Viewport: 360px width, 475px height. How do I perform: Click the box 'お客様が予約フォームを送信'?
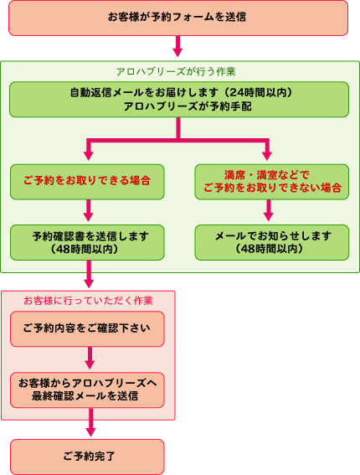[178, 18]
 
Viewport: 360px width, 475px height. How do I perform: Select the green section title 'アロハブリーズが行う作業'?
[176, 72]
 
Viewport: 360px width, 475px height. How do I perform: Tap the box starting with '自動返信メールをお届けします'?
[179, 100]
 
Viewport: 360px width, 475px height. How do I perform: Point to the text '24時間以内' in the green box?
[258, 92]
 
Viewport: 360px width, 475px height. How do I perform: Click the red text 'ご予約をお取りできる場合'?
[87, 181]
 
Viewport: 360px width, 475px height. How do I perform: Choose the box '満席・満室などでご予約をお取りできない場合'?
[271, 182]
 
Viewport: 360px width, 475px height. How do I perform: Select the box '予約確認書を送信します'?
[87, 242]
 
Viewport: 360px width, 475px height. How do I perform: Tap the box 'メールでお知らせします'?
[271, 242]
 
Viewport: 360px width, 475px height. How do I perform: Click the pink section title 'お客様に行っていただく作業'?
[88, 301]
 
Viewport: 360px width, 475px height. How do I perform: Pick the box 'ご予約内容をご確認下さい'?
[87, 329]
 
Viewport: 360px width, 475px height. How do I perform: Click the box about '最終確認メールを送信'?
[87, 390]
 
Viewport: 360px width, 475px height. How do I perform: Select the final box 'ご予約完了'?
[87, 457]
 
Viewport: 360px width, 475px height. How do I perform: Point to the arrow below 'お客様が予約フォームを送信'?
[177, 46]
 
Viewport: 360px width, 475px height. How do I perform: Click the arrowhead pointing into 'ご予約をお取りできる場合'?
[88, 156]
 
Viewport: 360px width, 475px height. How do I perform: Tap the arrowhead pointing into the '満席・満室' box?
[267, 156]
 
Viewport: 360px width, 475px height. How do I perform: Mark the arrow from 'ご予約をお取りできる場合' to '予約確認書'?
[88, 210]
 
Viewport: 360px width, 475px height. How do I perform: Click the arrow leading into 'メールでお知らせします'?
[269, 210]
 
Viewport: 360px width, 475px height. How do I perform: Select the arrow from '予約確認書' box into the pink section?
[89, 274]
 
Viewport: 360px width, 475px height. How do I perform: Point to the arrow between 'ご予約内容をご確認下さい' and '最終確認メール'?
[90, 358]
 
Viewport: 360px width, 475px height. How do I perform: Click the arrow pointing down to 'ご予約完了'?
[90, 422]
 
